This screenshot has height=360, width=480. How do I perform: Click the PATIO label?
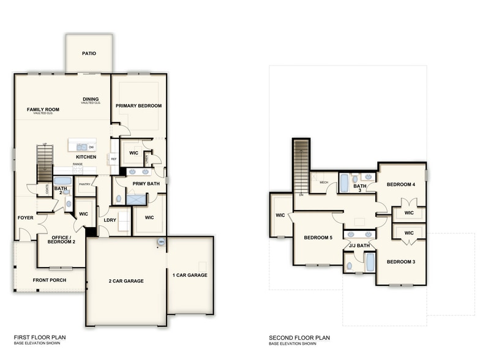coord(89,53)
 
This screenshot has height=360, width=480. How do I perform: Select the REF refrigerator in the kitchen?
coord(113,158)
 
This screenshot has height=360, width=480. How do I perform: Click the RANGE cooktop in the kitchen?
coord(78,164)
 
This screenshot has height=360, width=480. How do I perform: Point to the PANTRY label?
coord(84,184)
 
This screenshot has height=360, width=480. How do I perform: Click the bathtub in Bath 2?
coord(62,181)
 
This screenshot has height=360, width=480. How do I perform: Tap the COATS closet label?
coord(47,190)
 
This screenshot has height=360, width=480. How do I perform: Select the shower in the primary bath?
coord(136,199)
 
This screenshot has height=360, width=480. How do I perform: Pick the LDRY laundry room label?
coord(110,220)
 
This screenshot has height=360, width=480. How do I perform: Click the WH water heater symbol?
coord(161,242)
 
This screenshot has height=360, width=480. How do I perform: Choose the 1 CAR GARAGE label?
coord(190,275)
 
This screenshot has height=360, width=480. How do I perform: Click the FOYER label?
coord(25,217)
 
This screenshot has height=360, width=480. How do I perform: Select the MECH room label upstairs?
coord(323,182)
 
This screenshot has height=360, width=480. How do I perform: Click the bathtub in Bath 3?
coord(343,183)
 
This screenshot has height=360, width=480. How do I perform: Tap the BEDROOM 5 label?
coord(318,237)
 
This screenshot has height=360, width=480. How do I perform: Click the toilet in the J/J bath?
coord(349,266)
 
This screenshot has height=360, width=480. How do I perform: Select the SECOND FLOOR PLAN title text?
coord(299,337)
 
